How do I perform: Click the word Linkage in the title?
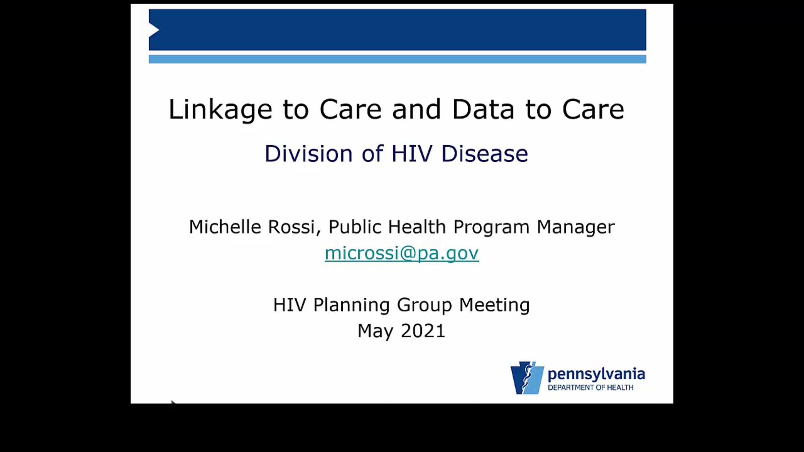coord(220,109)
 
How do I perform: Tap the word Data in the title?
coord(483,109)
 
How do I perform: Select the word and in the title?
coord(416,109)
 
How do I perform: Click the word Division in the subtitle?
coord(308,154)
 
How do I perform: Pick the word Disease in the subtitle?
coord(485,154)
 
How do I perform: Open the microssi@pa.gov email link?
coord(402,253)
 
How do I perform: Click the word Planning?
coord(351,305)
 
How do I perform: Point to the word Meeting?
coord(494,305)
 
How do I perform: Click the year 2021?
coord(423,331)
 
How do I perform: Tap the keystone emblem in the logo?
coord(527,378)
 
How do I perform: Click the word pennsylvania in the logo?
coord(596,374)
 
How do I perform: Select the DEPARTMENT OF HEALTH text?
coord(591,387)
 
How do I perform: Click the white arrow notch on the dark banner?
coord(154,30)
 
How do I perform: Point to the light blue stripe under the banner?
coord(397,59)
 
